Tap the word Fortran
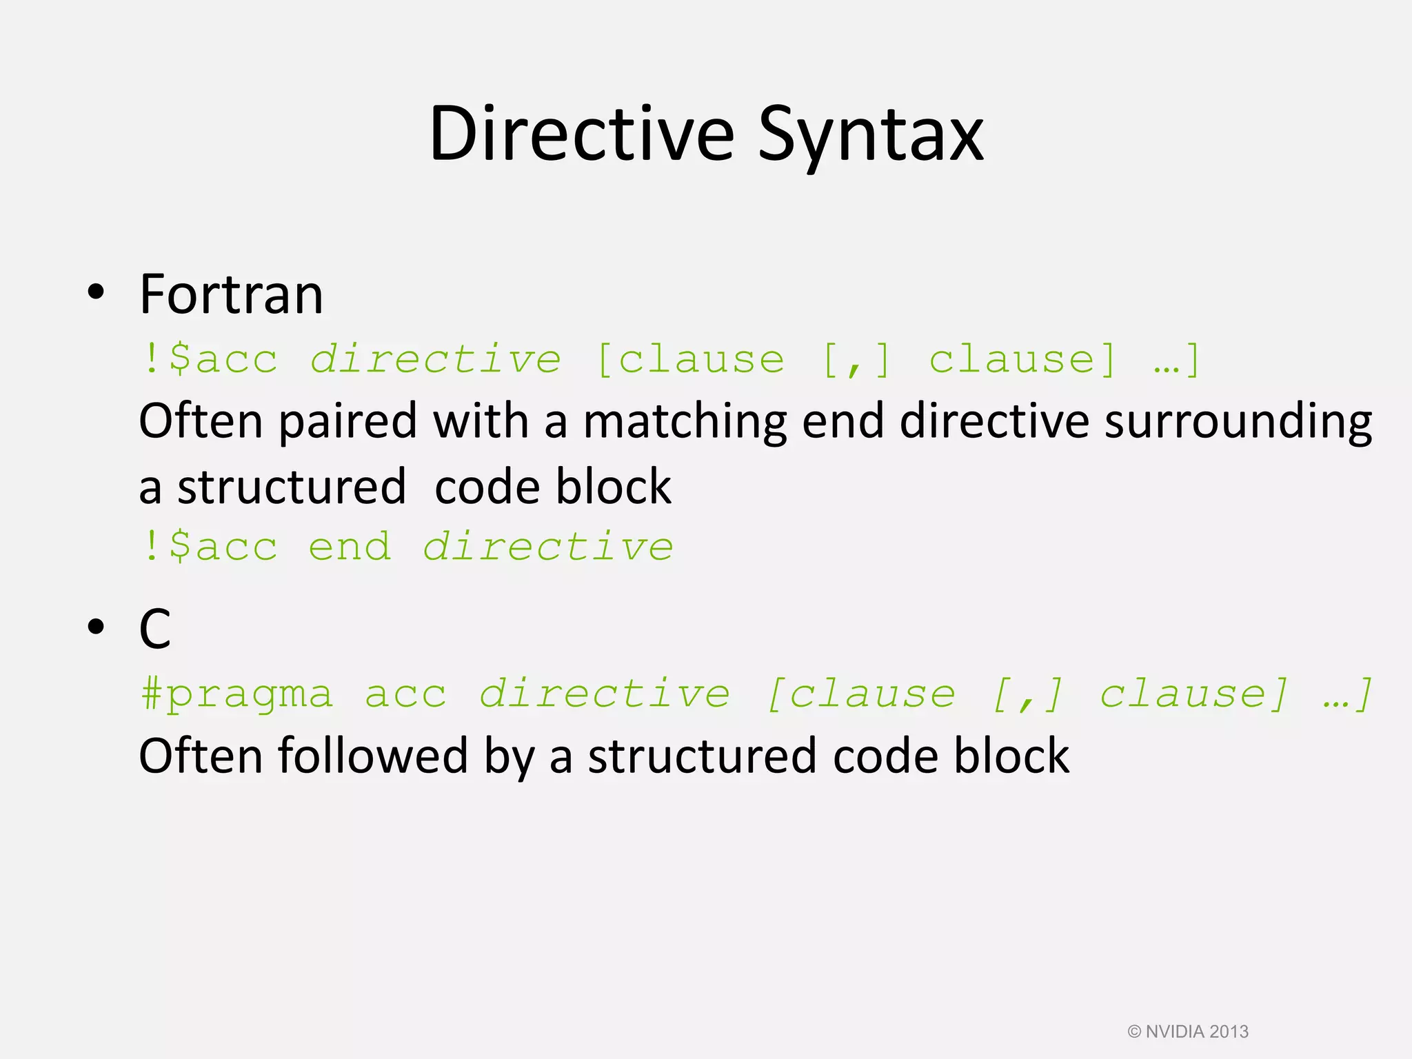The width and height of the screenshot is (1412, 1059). pyautogui.click(x=231, y=294)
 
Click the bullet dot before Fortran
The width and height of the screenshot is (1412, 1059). pyautogui.click(x=97, y=292)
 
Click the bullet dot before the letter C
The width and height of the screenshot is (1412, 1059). pyautogui.click(x=97, y=627)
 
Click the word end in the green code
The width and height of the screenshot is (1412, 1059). pyautogui.click(x=350, y=547)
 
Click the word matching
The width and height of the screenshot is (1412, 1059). pyautogui.click(x=685, y=421)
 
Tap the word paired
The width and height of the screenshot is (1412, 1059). pyautogui.click(x=348, y=421)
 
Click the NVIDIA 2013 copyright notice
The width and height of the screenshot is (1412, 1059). pyautogui.click(x=1188, y=1031)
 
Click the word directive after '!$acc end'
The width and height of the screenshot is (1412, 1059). pyautogui.click(x=548, y=547)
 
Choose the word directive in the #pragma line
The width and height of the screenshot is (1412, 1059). pyautogui.click(x=605, y=694)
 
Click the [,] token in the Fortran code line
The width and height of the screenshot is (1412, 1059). pyautogui.click(x=857, y=360)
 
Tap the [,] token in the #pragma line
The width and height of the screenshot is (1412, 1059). pyautogui.click(x=1027, y=694)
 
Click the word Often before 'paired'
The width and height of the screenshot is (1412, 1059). pyautogui.click(x=201, y=421)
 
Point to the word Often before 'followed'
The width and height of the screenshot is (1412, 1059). pyautogui.click(x=201, y=756)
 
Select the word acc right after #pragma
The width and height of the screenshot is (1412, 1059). pyautogui.click(x=405, y=694)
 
